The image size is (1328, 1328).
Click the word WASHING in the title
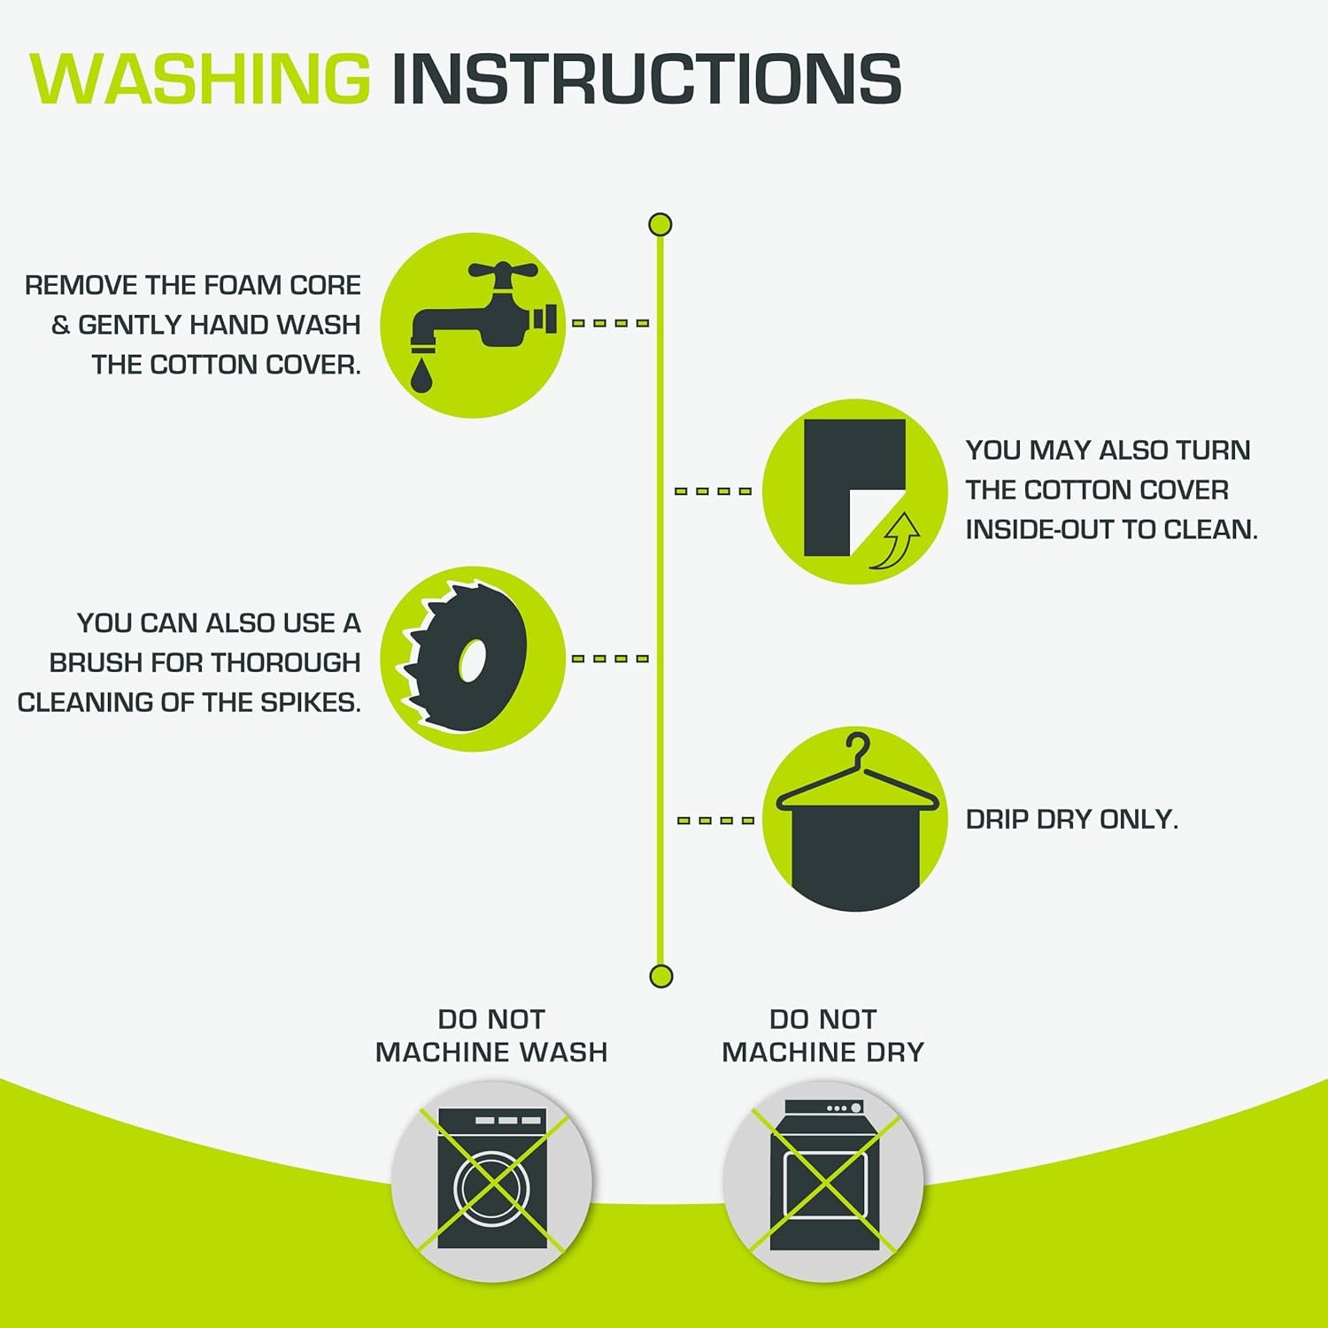point(200,79)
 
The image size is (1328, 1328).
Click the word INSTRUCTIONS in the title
point(646,79)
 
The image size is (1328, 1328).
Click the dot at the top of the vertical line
point(660,224)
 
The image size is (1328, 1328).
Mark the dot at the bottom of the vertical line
point(661,977)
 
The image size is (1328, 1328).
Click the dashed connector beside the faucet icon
point(611,323)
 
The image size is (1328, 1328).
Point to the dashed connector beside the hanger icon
point(716,821)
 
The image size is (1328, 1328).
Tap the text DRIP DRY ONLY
point(1072,820)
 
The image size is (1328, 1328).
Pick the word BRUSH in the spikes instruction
point(97,662)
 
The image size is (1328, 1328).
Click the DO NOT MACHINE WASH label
point(491,1035)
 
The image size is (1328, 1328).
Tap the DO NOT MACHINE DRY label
point(823,1035)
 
